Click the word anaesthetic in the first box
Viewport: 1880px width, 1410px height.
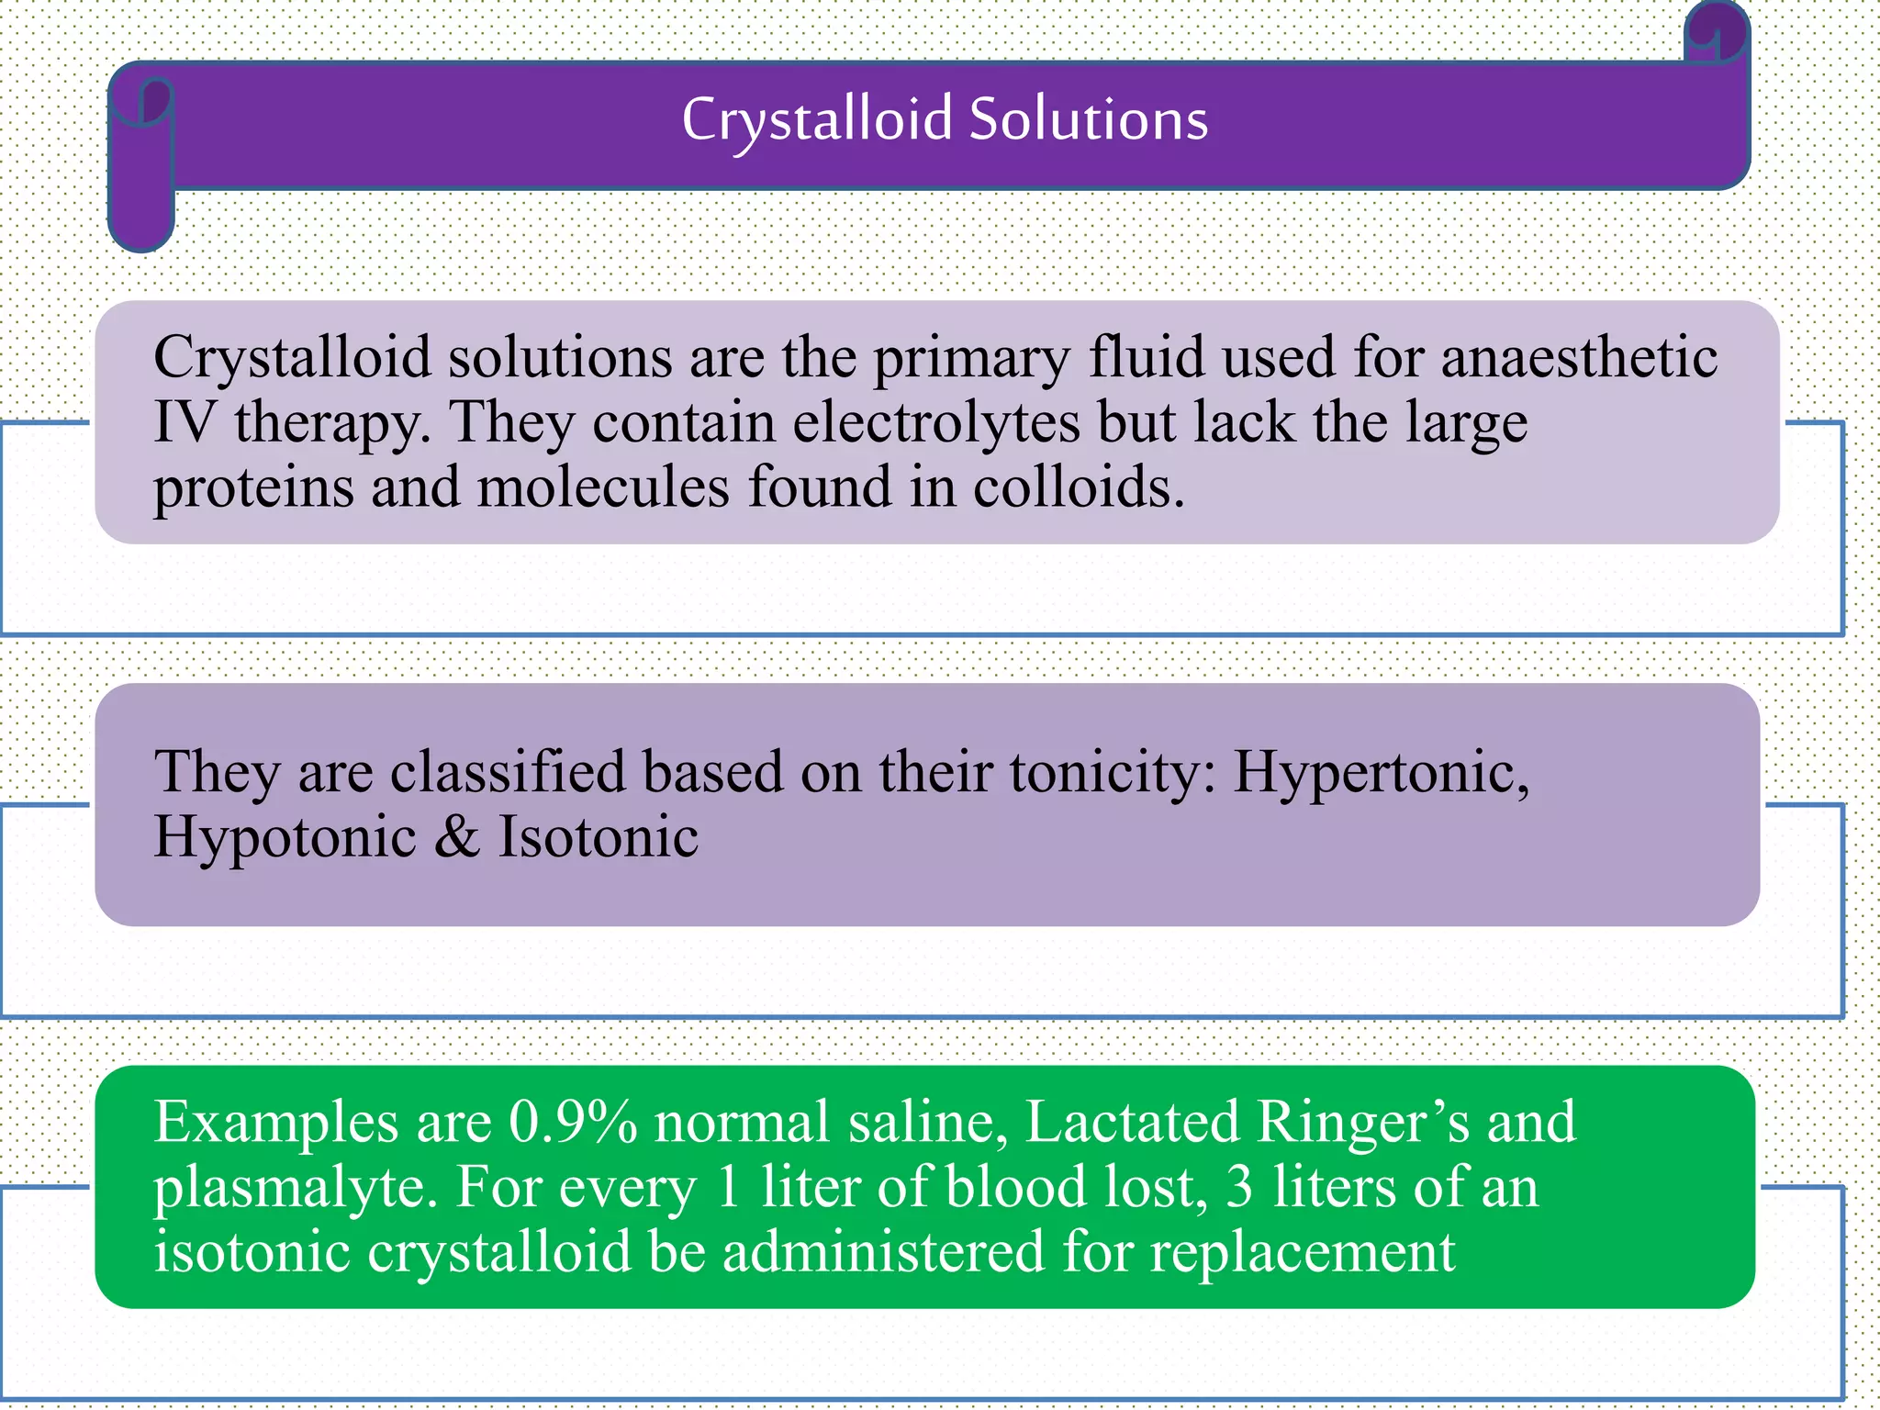click(1579, 357)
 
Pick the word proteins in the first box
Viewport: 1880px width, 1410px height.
click(253, 488)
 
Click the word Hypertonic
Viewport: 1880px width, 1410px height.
click(1381, 773)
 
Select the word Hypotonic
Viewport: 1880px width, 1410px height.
click(285, 837)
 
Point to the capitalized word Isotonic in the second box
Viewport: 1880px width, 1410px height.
click(598, 837)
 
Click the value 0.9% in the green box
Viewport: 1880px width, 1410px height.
click(573, 1122)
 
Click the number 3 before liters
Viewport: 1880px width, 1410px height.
click(1239, 1186)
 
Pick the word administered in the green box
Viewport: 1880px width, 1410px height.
click(883, 1252)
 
